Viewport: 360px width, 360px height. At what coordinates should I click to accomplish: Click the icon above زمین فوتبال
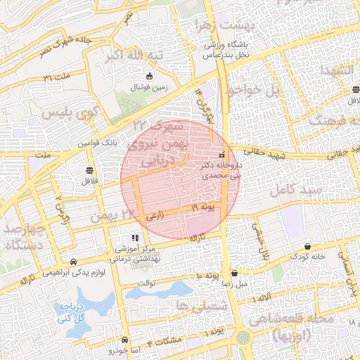[148, 76]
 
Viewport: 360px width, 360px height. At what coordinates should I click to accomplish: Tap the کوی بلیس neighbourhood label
[68, 112]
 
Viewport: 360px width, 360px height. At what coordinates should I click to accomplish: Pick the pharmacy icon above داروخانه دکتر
[222, 155]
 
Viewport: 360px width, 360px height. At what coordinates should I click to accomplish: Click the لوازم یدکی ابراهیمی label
[79, 273]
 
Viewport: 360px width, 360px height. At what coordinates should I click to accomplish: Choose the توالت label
[163, 283]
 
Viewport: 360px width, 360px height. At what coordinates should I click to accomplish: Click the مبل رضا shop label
[233, 285]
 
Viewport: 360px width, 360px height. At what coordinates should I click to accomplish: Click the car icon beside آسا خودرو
[124, 338]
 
